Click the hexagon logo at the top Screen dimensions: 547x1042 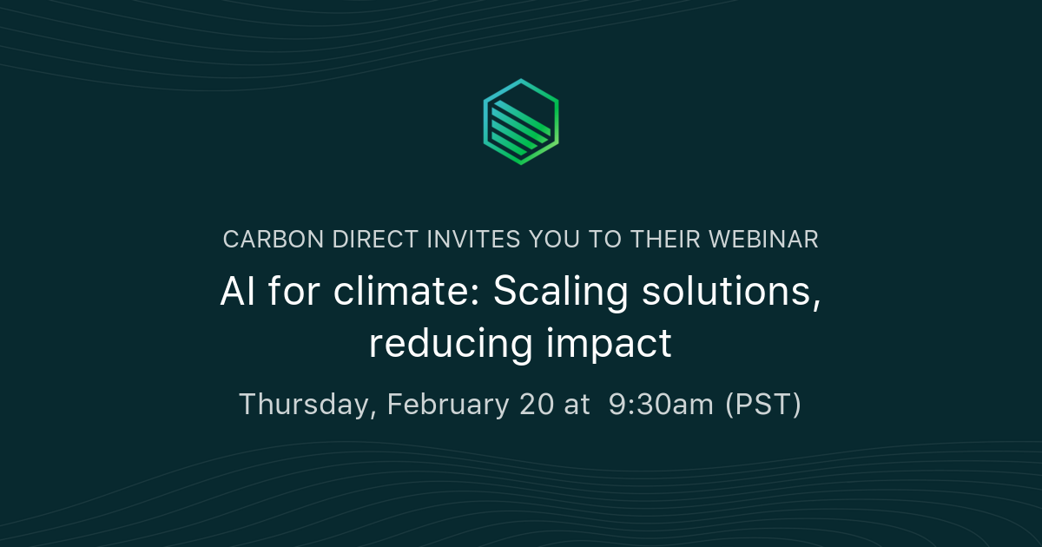tap(520, 122)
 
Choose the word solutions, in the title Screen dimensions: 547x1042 tap(731, 293)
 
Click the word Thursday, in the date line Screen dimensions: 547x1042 tap(307, 405)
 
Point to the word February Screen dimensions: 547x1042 tap(447, 405)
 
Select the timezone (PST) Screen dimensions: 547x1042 tap(763, 405)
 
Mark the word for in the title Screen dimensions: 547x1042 tap(287, 293)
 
